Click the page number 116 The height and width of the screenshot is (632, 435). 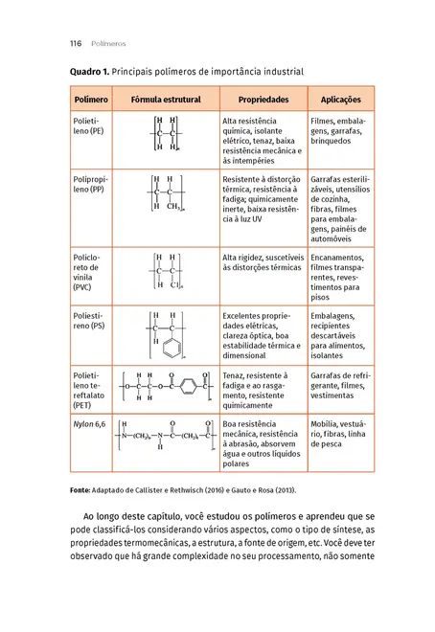76,43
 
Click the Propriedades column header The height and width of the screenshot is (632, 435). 263,99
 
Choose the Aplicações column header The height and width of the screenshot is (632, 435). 340,99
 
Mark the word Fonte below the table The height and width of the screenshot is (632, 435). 81,489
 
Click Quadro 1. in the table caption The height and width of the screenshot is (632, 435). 89,72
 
